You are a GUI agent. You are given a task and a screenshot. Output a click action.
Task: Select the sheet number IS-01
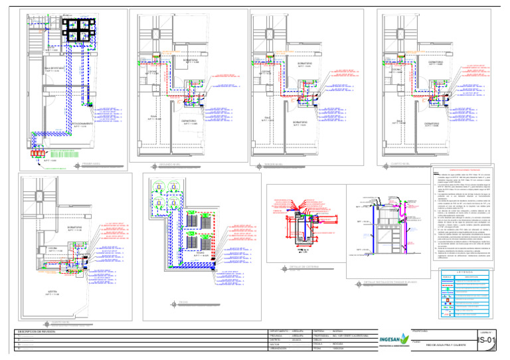tap(487, 341)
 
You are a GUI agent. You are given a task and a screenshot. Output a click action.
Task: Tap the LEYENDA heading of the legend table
tap(464, 271)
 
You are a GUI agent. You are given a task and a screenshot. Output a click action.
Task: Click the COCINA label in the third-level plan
tap(264, 71)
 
